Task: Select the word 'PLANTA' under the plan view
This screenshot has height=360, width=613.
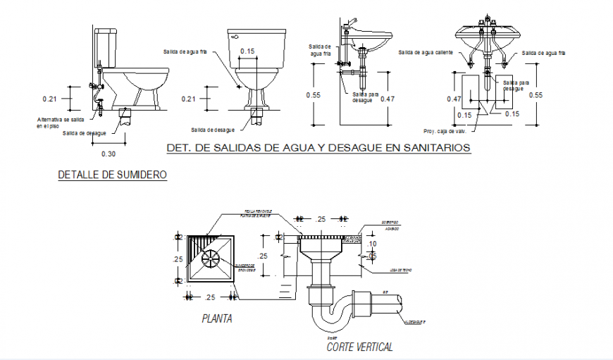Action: tap(217, 319)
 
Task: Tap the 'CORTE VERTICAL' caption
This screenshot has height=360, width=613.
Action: tap(359, 347)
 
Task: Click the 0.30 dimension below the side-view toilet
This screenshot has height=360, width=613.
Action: tap(108, 154)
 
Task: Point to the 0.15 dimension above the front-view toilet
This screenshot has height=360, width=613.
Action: tap(247, 51)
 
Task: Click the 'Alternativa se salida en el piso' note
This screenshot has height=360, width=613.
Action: tap(60, 123)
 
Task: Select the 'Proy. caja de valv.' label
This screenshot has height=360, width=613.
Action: tap(445, 131)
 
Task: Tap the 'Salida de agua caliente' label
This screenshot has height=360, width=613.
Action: tap(425, 52)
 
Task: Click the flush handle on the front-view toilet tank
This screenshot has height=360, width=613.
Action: tap(235, 35)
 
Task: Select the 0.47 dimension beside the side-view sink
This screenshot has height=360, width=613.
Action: tap(388, 99)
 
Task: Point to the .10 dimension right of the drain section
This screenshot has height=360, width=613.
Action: tap(372, 244)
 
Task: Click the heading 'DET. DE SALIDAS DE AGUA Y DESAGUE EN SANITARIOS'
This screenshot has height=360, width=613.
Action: tap(318, 148)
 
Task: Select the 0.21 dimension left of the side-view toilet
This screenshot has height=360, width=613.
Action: tap(49, 98)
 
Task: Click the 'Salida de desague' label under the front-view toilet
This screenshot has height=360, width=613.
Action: tap(212, 130)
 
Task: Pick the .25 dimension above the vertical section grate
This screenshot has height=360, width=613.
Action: tap(322, 220)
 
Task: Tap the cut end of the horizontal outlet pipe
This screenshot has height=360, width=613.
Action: tap(400, 303)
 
